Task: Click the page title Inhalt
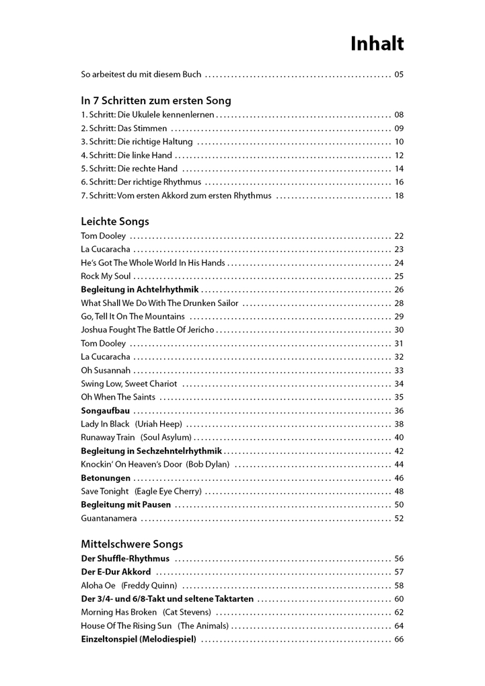point(377,44)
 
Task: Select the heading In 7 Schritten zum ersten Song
point(155,101)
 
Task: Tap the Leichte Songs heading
point(114,221)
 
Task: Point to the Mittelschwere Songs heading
point(131,544)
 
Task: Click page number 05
point(399,75)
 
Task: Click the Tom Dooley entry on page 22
point(103,236)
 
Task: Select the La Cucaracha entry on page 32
point(106,357)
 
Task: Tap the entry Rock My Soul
point(106,276)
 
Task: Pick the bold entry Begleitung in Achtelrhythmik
point(139,290)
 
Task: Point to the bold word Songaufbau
point(106,411)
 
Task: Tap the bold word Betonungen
point(106,478)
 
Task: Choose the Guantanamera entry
point(108,519)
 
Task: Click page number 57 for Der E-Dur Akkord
point(399,572)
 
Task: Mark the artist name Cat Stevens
point(187,613)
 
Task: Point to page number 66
point(399,640)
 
